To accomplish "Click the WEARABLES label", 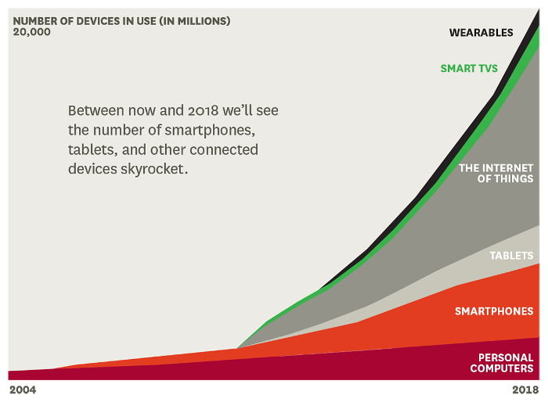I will tap(481, 33).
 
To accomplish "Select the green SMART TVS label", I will tap(469, 69).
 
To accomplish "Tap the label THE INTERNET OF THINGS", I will tap(496, 174).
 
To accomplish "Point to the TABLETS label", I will tap(511, 256).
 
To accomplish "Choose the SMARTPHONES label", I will tap(494, 311).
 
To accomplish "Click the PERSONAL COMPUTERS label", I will tap(501, 363).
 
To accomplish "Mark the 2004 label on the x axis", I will tap(23, 389).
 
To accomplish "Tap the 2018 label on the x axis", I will tap(525, 389).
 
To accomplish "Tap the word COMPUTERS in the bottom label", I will tap(501, 368).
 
